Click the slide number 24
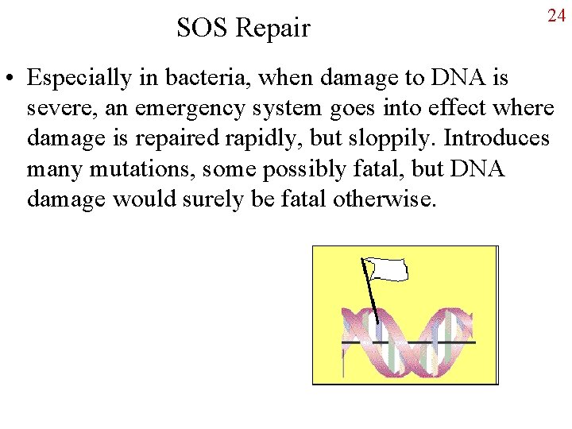pos(555,16)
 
